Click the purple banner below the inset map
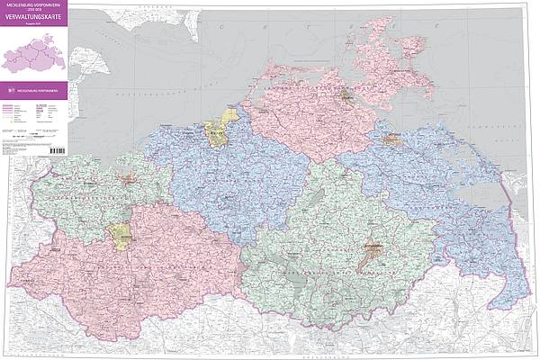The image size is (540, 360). (36, 90)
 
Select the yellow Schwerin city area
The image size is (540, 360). (119, 236)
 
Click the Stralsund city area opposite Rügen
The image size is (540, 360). (346, 94)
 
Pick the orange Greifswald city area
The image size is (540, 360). (392, 139)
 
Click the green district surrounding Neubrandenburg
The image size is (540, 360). (342, 243)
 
